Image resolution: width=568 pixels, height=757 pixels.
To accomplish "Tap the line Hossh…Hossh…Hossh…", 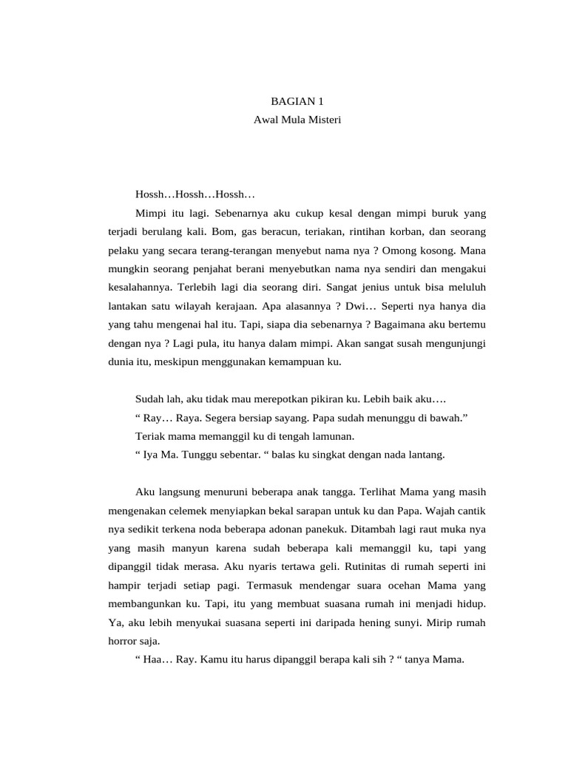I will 195,194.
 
